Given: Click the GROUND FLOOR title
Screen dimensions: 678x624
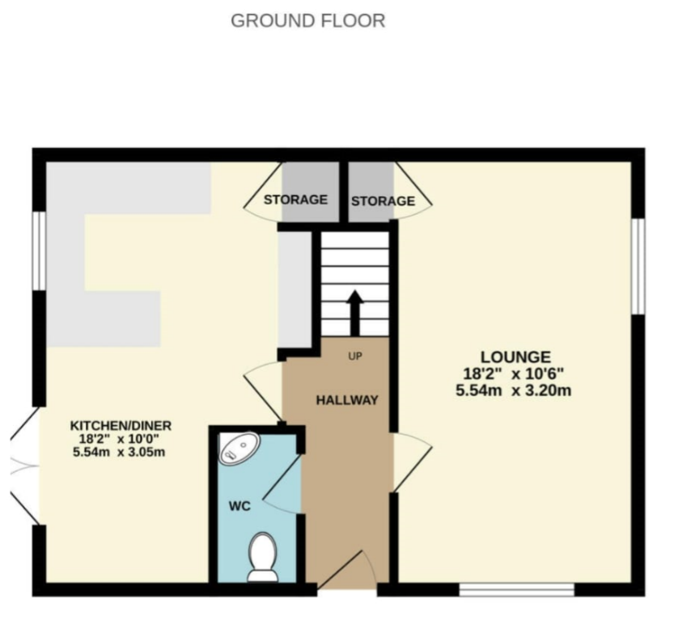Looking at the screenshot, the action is point(308,21).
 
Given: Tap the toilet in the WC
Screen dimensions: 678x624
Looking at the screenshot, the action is point(262,558).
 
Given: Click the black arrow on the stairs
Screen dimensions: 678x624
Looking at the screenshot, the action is point(355,313).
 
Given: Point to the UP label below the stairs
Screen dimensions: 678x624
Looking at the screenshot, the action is point(355,356).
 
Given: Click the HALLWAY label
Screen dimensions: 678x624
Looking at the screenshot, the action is point(347,400).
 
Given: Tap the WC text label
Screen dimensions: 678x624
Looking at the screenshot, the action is point(239,506).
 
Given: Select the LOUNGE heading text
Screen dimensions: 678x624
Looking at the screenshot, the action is point(516,357).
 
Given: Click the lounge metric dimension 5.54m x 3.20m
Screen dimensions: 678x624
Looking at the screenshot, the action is point(513,390).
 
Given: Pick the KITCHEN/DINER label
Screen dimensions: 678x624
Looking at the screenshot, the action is point(121,426).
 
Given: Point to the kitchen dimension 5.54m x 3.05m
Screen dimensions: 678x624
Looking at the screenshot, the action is point(119,452).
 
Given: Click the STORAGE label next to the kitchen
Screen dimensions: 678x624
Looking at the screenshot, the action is point(296,200).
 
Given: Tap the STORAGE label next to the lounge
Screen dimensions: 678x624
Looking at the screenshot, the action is point(383,200).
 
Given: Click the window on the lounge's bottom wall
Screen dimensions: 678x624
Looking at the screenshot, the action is point(517,589).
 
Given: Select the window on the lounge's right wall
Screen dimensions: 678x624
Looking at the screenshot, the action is point(638,267).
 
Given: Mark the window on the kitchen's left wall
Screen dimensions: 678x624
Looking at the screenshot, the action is point(40,251).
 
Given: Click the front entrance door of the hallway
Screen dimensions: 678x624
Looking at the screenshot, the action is point(347,570).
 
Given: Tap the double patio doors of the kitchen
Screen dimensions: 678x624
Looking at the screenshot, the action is point(24,466).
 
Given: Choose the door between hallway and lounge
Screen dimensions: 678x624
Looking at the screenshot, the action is point(412,462).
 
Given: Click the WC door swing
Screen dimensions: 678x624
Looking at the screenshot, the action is point(282,483).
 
